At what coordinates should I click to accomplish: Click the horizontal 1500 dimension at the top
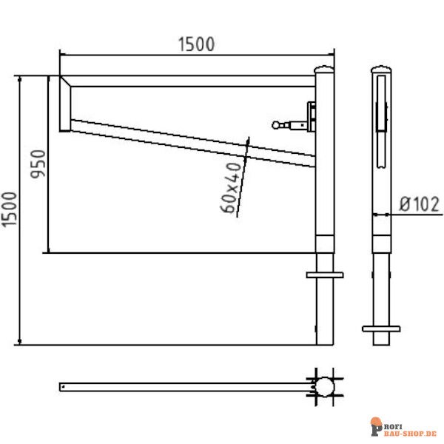coord(196,44)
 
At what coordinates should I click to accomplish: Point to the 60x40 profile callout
coord(232,189)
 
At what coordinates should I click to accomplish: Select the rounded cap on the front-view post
coord(324,70)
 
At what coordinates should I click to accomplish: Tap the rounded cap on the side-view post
coord(380,70)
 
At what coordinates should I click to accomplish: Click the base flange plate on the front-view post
coord(324,275)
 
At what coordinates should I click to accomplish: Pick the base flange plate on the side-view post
coord(380,329)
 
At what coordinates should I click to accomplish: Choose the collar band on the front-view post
coord(324,243)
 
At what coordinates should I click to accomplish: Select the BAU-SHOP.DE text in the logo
coord(410,431)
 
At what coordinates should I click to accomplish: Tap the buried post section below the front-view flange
coord(324,311)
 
